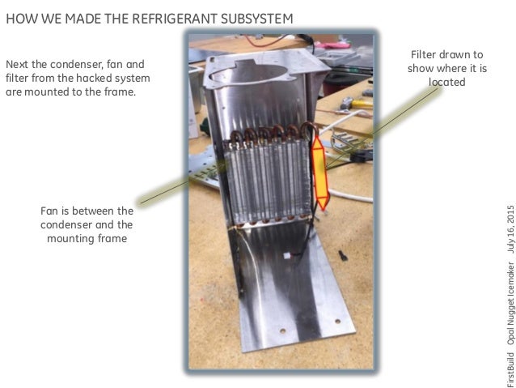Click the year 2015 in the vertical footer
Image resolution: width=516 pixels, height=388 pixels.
point(510,219)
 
